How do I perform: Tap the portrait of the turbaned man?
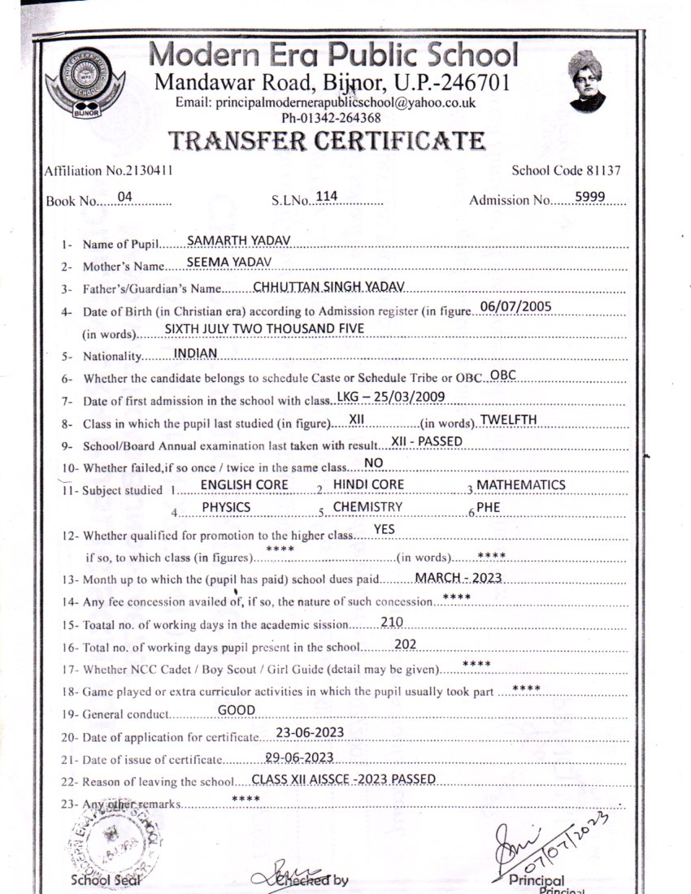tap(587, 80)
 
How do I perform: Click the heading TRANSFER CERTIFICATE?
tap(327, 141)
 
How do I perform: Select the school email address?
tap(325, 103)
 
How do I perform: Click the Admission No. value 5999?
tap(589, 196)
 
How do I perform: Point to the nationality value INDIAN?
tap(196, 353)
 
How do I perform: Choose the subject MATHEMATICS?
tap(520, 484)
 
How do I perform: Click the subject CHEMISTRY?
tap(367, 507)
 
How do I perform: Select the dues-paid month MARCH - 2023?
tap(458, 577)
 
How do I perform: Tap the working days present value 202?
tap(405, 643)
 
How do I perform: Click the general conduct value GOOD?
tap(237, 710)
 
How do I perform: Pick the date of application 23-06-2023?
tap(309, 732)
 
